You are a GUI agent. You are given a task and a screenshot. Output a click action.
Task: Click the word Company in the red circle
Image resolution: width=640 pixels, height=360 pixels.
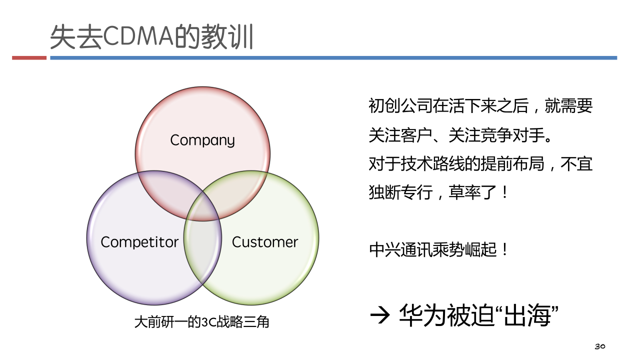(202, 140)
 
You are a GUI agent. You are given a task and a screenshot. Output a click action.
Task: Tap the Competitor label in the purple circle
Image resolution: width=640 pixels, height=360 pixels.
(139, 242)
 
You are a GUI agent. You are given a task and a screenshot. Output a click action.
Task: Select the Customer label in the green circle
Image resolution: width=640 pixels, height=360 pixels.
(265, 242)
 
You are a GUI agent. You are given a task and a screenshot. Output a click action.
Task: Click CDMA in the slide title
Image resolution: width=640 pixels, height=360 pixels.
(138, 36)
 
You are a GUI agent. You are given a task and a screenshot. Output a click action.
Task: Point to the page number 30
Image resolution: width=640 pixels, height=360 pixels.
(600, 346)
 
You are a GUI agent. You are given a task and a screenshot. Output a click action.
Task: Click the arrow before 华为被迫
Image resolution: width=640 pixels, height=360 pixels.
(379, 315)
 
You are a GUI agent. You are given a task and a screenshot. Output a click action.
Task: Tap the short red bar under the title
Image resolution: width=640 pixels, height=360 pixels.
(29, 58)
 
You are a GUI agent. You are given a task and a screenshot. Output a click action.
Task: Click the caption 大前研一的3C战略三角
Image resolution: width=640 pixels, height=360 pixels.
(201, 322)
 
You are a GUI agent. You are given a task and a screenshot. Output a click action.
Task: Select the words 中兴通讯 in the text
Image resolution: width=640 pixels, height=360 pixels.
(401, 249)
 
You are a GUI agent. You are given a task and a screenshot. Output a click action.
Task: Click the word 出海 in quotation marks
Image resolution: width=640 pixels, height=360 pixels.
(527, 315)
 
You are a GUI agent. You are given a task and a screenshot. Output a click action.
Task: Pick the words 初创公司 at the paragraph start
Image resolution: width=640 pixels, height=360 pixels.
(400, 105)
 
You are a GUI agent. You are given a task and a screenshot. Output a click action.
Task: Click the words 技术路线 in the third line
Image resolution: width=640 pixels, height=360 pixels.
(432, 164)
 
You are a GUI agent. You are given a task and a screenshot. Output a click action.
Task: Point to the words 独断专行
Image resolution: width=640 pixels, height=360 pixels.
(400, 192)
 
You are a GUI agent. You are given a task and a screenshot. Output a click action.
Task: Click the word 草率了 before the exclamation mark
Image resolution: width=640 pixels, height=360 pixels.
(472, 192)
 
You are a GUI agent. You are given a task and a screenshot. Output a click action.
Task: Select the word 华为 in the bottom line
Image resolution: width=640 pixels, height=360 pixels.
(422, 315)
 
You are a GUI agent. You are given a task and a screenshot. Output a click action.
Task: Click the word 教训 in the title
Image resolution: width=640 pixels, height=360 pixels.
(227, 36)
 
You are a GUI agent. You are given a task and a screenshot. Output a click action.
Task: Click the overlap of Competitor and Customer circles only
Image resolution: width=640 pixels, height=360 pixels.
(202, 251)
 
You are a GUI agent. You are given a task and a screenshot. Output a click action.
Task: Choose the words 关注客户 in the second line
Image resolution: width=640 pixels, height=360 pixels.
(400, 135)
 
